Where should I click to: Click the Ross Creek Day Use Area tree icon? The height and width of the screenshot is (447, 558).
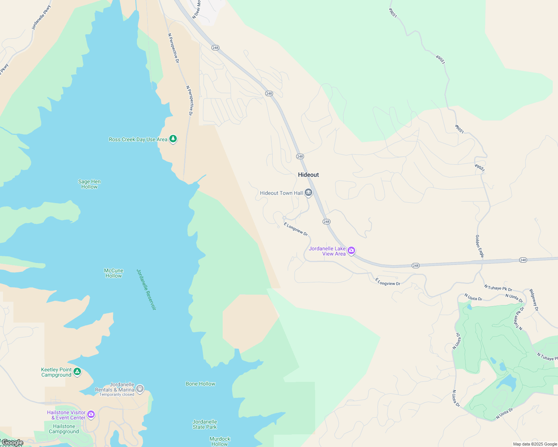click(x=173, y=139)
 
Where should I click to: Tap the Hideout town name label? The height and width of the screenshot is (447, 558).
click(x=308, y=175)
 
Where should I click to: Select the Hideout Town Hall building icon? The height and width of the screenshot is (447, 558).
click(x=308, y=193)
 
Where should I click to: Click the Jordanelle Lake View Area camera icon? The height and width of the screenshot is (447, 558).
click(x=351, y=251)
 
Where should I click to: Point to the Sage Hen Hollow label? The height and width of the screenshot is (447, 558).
click(x=89, y=184)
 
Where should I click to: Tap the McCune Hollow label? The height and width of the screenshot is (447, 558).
click(x=113, y=273)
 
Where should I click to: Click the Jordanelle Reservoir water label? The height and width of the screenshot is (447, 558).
click(x=146, y=289)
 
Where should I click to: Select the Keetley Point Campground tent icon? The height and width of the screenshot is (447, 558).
click(x=77, y=372)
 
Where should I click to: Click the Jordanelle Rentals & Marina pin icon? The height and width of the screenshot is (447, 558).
click(x=140, y=389)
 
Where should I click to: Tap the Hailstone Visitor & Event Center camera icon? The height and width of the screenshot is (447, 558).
click(x=91, y=415)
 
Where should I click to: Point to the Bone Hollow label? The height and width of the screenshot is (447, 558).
click(x=200, y=384)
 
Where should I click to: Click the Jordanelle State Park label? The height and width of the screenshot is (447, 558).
click(x=205, y=424)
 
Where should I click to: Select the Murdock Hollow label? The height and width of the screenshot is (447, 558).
click(x=220, y=441)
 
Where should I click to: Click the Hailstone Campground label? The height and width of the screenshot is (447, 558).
click(x=64, y=429)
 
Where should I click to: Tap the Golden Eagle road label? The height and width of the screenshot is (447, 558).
click(x=479, y=246)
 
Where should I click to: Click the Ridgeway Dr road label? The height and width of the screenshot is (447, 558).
click(x=534, y=300)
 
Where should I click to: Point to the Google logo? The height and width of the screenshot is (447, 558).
click(x=12, y=443)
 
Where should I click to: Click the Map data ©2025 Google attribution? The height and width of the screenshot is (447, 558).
click(x=535, y=444)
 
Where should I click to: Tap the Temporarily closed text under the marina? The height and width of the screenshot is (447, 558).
click(x=117, y=395)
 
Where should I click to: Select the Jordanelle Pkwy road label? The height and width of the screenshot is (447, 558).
click(x=41, y=18)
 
